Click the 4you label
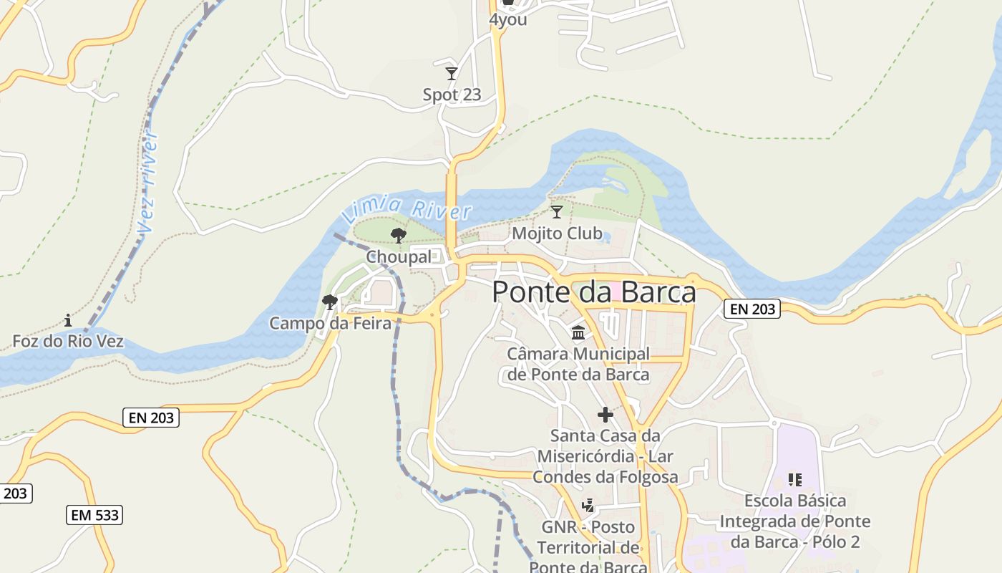(x=508, y=19)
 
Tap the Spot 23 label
(x=452, y=95)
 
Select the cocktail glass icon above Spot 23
(x=452, y=74)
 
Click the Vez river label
(x=148, y=182)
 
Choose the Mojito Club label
(x=557, y=233)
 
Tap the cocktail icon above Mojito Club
(x=557, y=212)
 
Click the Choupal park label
(x=399, y=256)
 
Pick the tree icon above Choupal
(x=399, y=235)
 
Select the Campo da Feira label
(x=331, y=324)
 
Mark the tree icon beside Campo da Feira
(x=330, y=302)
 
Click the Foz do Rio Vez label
(x=68, y=341)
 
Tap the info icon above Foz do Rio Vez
(x=68, y=320)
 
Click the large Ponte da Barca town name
(x=594, y=292)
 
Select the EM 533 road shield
(x=95, y=514)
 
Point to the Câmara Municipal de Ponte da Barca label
(x=578, y=364)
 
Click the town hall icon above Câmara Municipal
(x=578, y=333)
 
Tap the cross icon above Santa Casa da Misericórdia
(x=605, y=415)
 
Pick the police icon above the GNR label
(x=588, y=506)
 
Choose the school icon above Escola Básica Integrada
(x=794, y=479)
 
